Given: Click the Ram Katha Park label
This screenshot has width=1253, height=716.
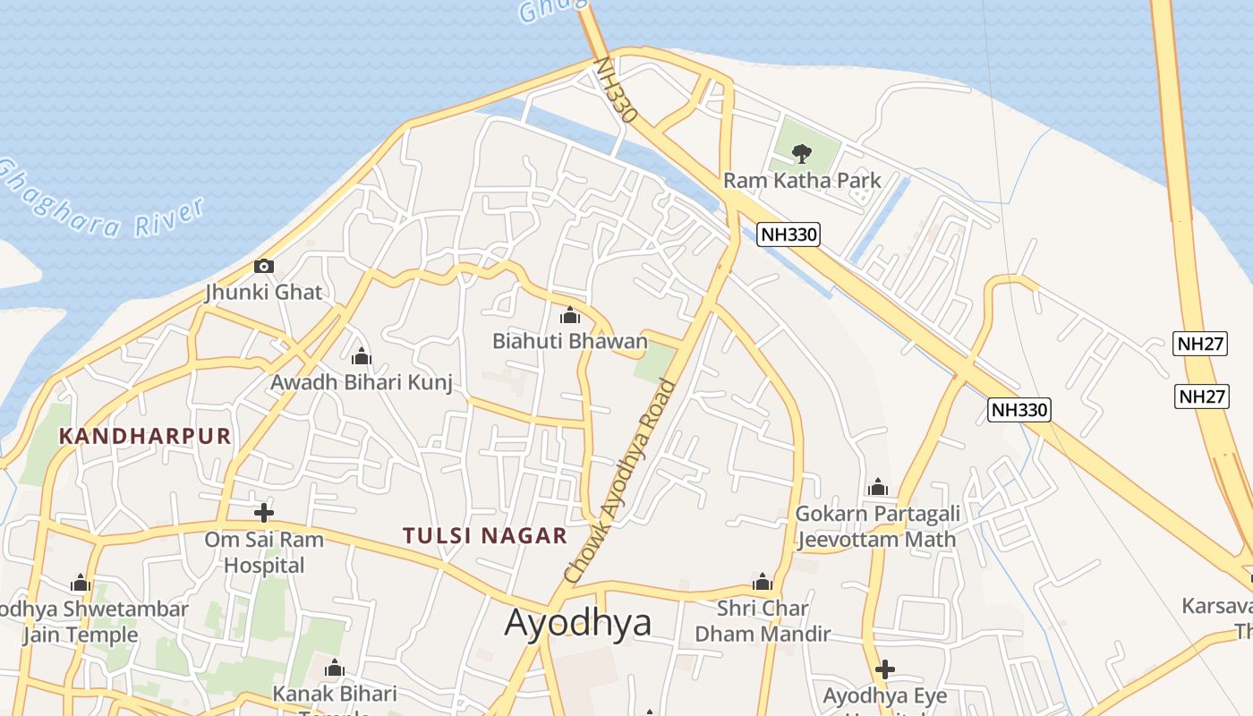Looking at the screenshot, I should [x=802, y=180].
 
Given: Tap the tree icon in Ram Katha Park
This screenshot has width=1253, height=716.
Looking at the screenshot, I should [x=802, y=153].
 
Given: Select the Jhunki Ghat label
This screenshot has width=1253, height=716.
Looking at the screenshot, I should [x=263, y=292].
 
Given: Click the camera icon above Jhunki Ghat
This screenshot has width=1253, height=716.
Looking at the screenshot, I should [x=263, y=266].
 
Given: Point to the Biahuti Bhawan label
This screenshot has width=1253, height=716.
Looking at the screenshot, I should [x=569, y=341].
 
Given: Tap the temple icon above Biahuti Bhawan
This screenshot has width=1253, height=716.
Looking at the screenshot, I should [x=569, y=315].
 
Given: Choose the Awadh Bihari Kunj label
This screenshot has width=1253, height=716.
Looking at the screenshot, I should [x=362, y=382].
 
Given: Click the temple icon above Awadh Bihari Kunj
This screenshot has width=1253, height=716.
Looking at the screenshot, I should [x=362, y=356].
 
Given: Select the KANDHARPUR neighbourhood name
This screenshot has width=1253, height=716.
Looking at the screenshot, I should [x=145, y=437].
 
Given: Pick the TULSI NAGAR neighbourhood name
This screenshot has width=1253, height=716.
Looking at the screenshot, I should [x=485, y=536].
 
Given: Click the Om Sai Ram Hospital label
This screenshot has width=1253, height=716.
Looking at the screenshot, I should [x=264, y=552].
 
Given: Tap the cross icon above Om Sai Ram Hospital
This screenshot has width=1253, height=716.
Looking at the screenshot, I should [x=263, y=513].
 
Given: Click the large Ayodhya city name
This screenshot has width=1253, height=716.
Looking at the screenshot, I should [x=578, y=622].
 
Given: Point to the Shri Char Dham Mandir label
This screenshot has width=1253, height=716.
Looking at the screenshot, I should [x=763, y=621].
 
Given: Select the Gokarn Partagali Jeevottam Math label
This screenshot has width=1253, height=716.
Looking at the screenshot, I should [x=877, y=526].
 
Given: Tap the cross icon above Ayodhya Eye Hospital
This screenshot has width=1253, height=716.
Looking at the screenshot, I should [x=884, y=669].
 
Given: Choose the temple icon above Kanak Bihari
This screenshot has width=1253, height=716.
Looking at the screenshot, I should [x=335, y=668].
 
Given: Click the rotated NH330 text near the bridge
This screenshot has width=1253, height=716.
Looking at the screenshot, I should [x=617, y=89].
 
